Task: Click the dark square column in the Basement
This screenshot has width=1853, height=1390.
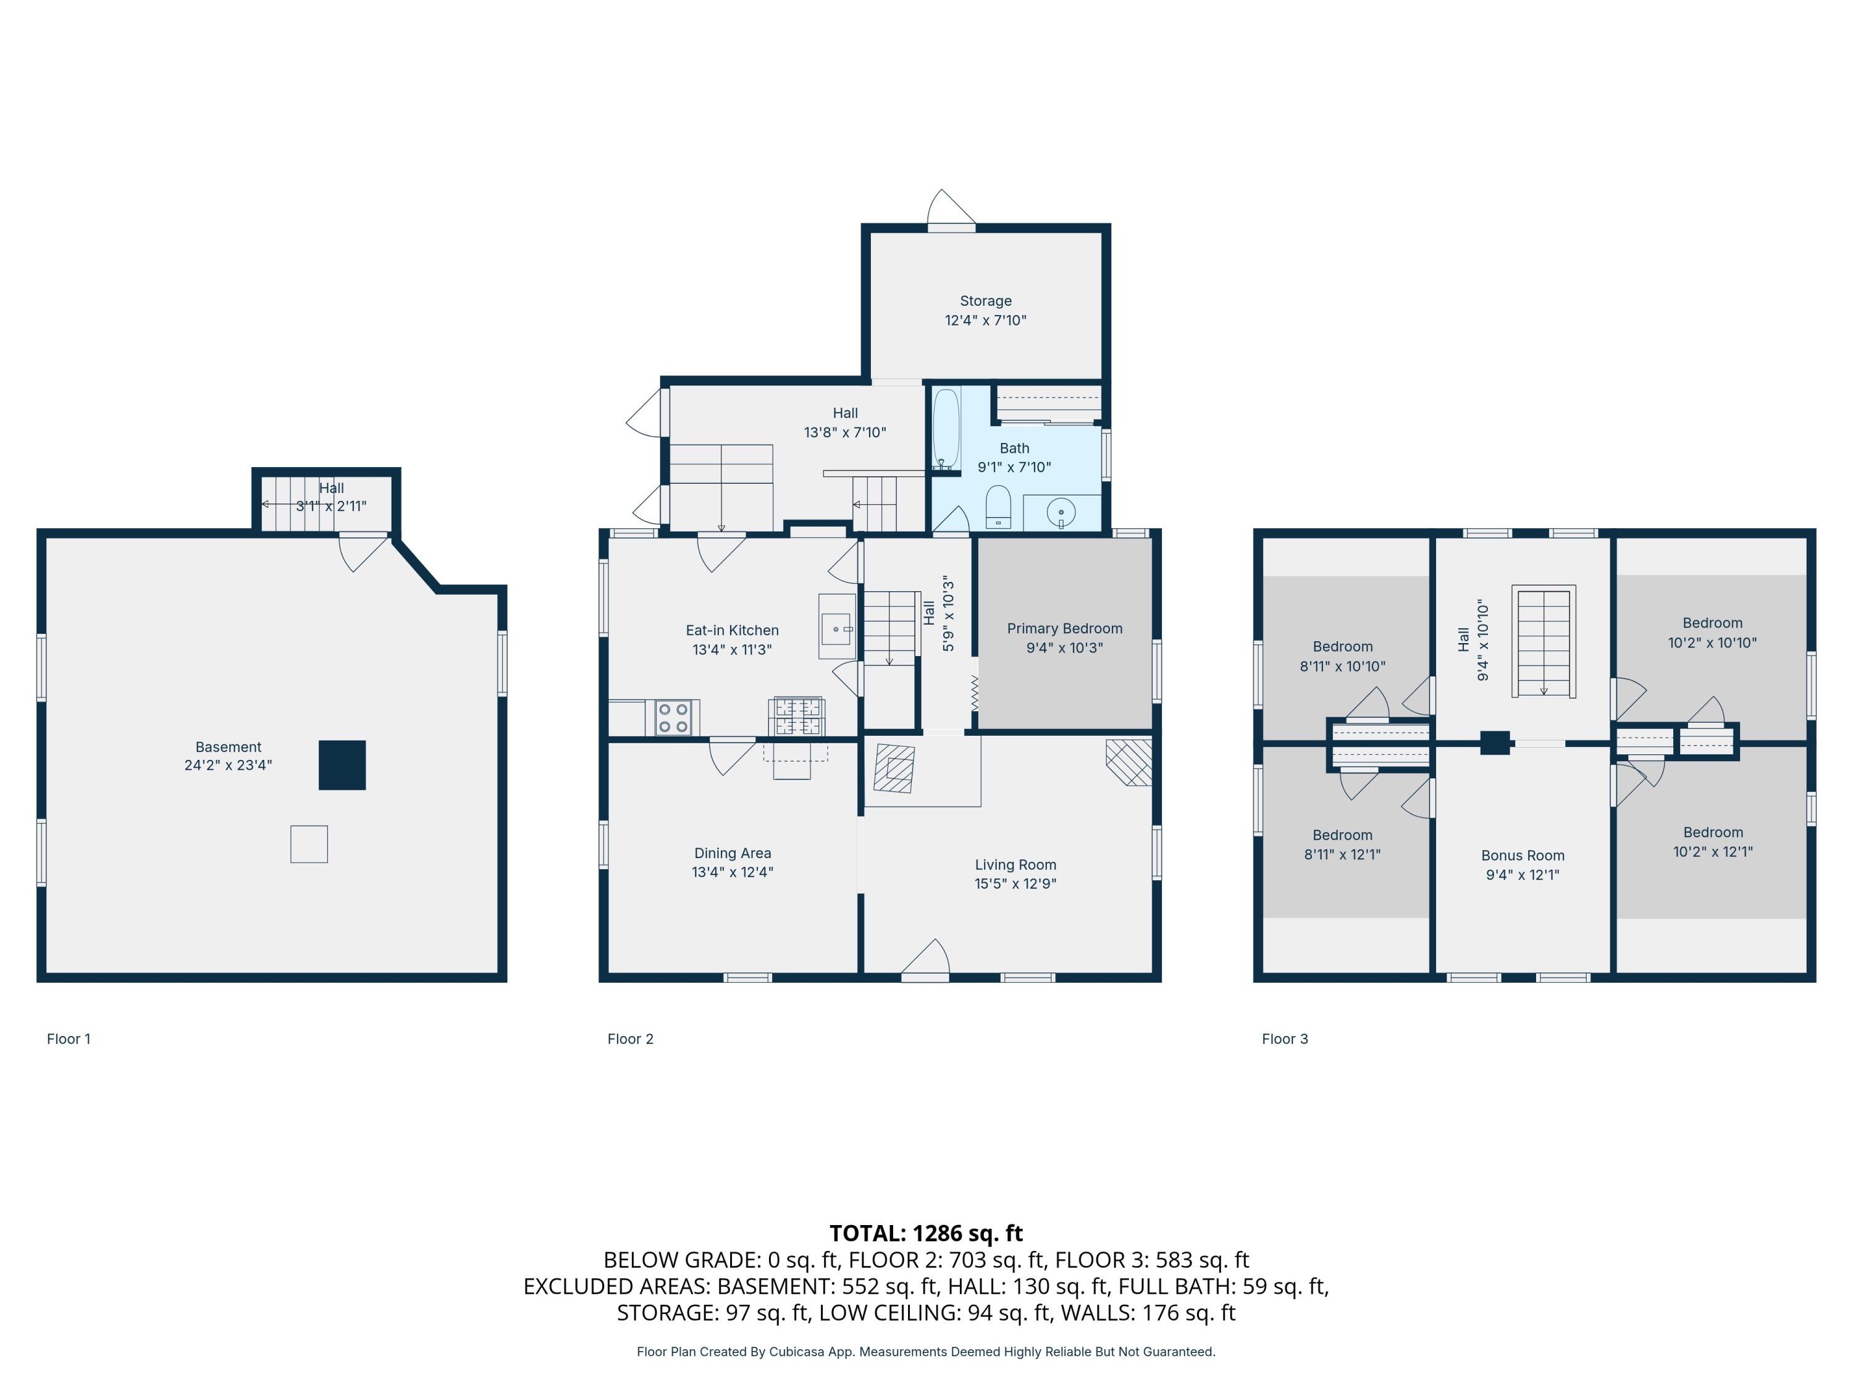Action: point(342,765)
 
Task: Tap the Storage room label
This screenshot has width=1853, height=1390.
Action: point(985,301)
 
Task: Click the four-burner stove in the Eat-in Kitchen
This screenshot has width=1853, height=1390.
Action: point(673,717)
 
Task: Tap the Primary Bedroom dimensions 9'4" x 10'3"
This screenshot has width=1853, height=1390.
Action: point(1064,647)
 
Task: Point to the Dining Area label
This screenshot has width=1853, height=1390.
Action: point(732,853)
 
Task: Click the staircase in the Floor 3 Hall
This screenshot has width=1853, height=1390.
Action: point(1543,641)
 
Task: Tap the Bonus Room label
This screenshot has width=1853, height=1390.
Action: point(1522,856)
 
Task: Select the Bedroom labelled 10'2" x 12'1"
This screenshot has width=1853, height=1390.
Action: point(1712,842)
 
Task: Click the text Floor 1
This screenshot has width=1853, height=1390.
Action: point(69,1039)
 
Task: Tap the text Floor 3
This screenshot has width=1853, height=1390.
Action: point(1284,1039)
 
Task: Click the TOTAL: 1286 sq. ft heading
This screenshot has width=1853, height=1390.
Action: point(926,1233)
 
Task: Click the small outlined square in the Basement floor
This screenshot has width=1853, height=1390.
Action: point(308,844)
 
